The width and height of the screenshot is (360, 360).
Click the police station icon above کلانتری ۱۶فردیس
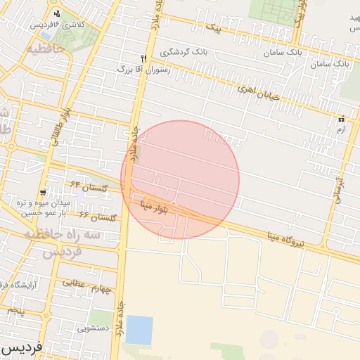pyautogui.click(x=56, y=13)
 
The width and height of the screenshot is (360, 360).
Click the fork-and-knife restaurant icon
pyautogui.click(x=143, y=58)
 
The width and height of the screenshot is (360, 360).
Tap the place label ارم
pyautogui.click(x=341, y=129)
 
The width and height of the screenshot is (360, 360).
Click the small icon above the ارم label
pyautogui.click(x=342, y=118)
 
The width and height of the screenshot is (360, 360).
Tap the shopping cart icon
pyautogui.click(x=44, y=191)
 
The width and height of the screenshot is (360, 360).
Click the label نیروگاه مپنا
pyautogui.click(x=288, y=240)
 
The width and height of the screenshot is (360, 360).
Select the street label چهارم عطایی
pyautogui.click(x=87, y=286)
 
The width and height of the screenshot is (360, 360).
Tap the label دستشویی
pyautogui.click(x=93, y=327)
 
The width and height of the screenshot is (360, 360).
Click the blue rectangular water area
pyautogui.click(x=139, y=330)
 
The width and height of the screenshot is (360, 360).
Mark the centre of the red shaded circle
pyautogui.click(x=180, y=179)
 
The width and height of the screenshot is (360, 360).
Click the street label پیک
pyautogui.click(x=213, y=30)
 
